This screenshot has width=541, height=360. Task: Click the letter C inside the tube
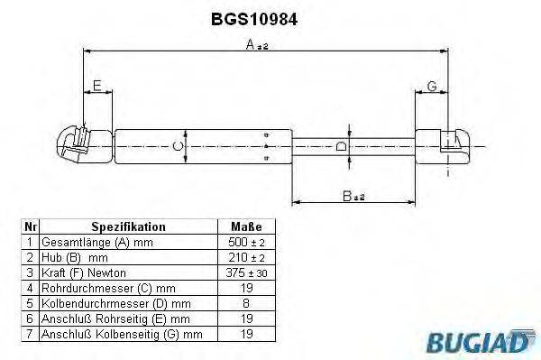pyautogui.click(x=179, y=144)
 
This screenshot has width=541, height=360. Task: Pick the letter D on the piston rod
pyautogui.click(x=340, y=146)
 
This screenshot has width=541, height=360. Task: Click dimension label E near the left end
pyautogui.click(x=97, y=86)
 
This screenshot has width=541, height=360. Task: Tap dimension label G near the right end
pyautogui.click(x=431, y=86)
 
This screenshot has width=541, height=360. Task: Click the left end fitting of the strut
pyautogui.click(x=76, y=144)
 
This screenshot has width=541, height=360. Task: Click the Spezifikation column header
pyautogui.click(x=128, y=227)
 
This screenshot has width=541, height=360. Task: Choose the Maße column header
pyautogui.click(x=246, y=227)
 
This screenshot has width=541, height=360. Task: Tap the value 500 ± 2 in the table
pyautogui.click(x=246, y=243)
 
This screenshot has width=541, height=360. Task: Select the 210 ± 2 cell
pyautogui.click(x=246, y=257)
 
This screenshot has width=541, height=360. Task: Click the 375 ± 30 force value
pyautogui.click(x=246, y=272)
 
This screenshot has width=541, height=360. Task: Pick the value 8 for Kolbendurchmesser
pyautogui.click(x=246, y=303)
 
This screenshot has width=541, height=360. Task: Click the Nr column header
pyautogui.click(x=30, y=227)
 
